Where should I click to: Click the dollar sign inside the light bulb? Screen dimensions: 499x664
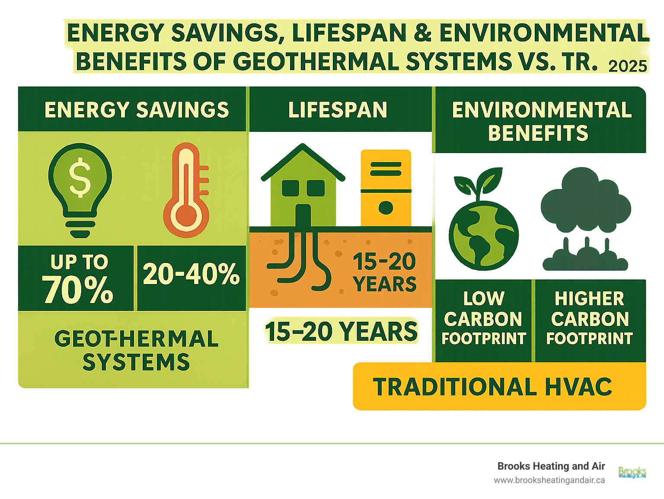[80, 177]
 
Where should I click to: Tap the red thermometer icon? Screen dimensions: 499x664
[186, 190]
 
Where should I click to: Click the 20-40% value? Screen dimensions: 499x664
[191, 274]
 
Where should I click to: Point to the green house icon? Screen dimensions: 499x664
[303, 186]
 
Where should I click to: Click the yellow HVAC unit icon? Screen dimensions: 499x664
[386, 188]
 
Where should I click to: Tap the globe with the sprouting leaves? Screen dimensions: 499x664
[483, 229]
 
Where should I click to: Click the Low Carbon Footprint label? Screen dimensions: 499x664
[483, 319]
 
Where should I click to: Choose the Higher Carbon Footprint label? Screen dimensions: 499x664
[590, 319]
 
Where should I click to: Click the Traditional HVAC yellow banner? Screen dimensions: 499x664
[499, 387]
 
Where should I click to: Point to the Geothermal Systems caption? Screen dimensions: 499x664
[136, 350]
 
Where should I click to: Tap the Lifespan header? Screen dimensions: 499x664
[338, 110]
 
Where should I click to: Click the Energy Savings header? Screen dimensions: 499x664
[137, 110]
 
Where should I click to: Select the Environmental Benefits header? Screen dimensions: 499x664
[540, 121]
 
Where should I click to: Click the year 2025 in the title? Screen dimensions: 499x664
[628, 66]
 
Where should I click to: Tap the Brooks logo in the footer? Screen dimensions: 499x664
[632, 473]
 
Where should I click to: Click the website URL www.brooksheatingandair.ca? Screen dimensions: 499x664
[549, 480]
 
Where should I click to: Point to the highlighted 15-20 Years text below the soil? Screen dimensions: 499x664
[342, 332]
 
